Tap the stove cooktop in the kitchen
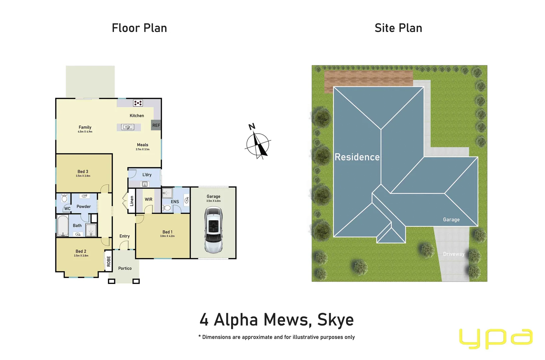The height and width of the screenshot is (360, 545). pyautogui.click(x=138, y=103)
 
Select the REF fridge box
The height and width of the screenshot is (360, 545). pyautogui.click(x=156, y=125)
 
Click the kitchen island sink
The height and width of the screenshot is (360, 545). pyautogui.click(x=128, y=127)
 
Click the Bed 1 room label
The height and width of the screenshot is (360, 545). pyautogui.click(x=167, y=232)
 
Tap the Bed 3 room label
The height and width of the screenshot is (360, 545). pyautogui.click(x=83, y=171)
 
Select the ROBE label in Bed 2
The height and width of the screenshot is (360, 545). pyautogui.click(x=109, y=261)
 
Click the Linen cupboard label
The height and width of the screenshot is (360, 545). pyautogui.click(x=132, y=201)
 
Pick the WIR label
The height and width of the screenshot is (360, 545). pyautogui.click(x=149, y=199)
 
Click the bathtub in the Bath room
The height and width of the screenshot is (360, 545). pyautogui.click(x=62, y=226)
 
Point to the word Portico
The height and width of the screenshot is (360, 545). pyautogui.click(x=125, y=268)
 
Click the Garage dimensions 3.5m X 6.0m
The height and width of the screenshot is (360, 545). pyautogui.click(x=213, y=201)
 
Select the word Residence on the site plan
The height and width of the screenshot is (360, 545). pyautogui.click(x=357, y=157)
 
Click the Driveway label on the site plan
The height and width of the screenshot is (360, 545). pyautogui.click(x=453, y=254)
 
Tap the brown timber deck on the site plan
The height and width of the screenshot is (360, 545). pyautogui.click(x=368, y=79)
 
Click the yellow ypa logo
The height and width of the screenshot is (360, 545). pyautogui.click(x=495, y=338)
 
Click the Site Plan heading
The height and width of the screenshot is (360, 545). pyautogui.click(x=398, y=28)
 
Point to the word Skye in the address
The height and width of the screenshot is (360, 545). pyautogui.click(x=335, y=320)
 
